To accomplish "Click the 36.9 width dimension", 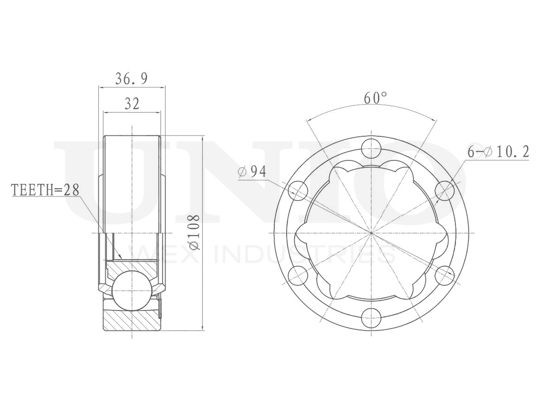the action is [x=132, y=79].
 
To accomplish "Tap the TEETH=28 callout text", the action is [x=45, y=190].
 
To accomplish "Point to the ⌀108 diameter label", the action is [x=193, y=232].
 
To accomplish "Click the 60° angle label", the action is [x=375, y=98].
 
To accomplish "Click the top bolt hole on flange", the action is [x=371, y=149].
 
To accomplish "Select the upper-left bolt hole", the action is [x=298, y=191].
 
